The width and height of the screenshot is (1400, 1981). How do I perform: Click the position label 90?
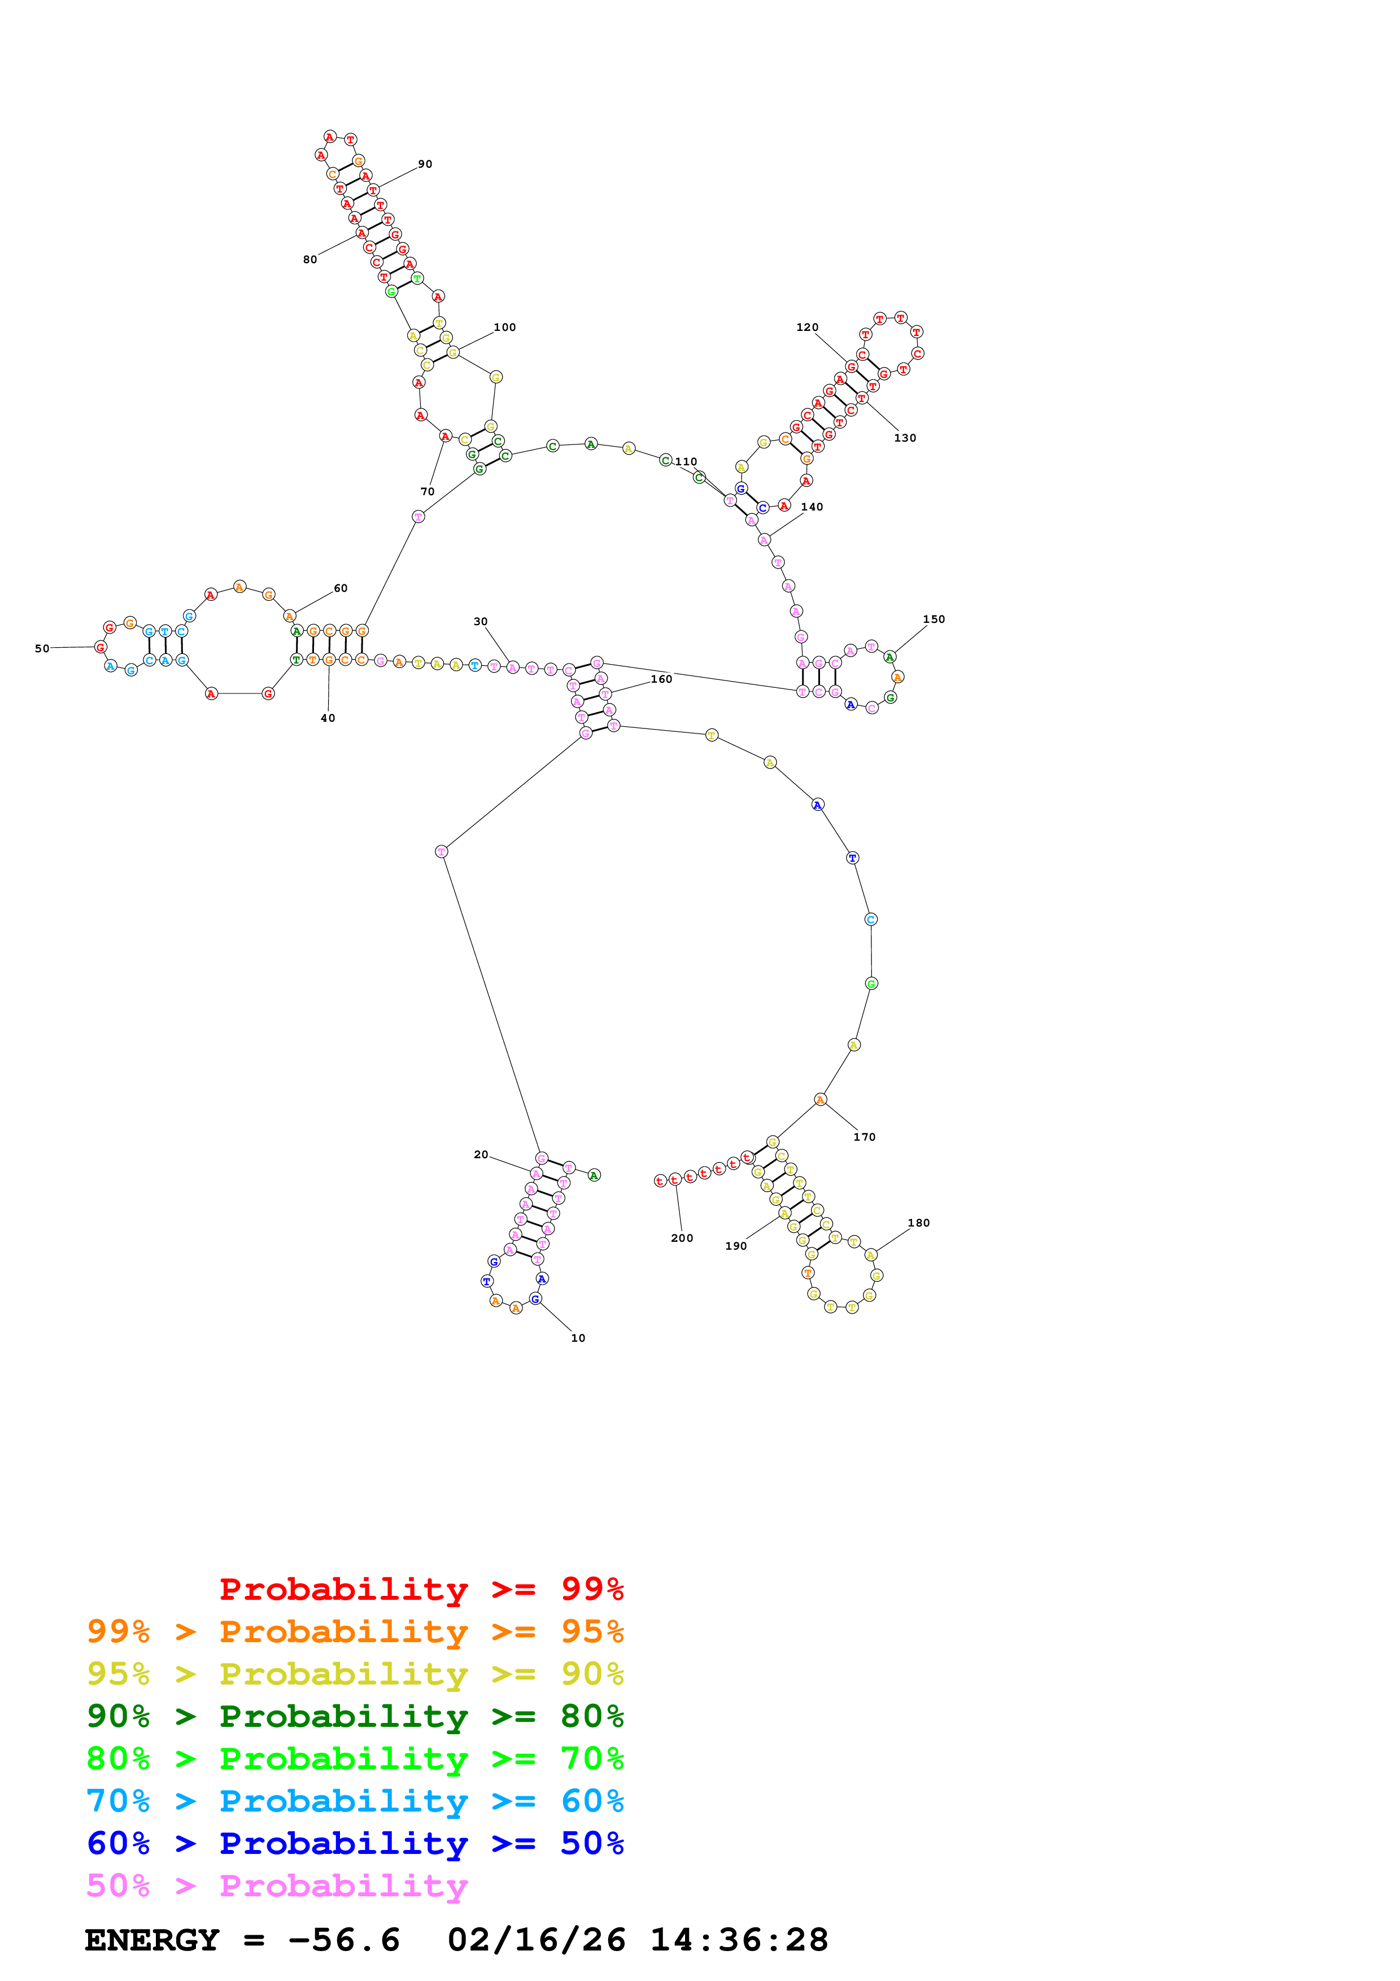pos(425,164)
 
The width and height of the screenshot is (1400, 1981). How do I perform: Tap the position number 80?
pos(309,260)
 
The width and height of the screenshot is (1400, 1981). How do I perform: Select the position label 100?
pos(505,327)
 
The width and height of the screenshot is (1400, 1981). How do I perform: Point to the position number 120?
pos(808,327)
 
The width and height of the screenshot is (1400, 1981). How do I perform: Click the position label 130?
pos(905,438)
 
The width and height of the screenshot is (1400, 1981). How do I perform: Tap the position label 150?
pos(934,619)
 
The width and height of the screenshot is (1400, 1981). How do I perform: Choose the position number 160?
pos(662,679)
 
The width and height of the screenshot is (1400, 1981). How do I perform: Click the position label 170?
pos(864,1137)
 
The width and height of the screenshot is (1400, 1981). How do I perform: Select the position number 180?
pos(919,1223)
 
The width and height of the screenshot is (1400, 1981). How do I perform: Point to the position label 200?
pos(682,1238)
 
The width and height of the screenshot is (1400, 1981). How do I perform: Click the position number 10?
pos(578,1338)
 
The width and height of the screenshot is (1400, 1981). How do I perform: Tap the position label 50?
pos(41,649)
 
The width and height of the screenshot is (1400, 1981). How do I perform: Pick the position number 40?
pos(328,718)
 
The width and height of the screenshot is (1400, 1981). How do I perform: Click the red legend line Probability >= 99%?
pos(421,1589)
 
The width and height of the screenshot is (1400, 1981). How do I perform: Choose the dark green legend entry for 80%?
pos(355,1716)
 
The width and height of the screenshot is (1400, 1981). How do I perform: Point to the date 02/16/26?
pos(537,1940)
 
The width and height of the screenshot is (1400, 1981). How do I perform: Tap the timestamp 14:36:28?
pos(739,1940)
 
